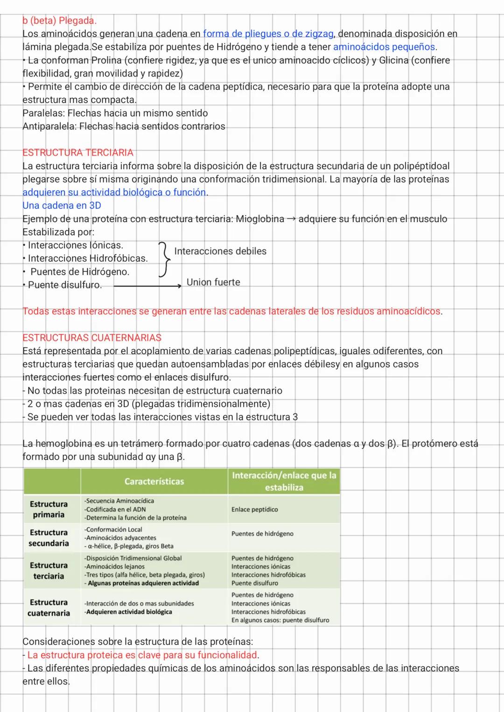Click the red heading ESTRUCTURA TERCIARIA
(x=78, y=153)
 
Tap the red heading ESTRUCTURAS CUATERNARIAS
(x=92, y=338)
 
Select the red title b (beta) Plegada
(x=59, y=21)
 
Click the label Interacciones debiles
(x=220, y=251)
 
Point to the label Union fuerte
(x=213, y=282)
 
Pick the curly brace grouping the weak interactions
(x=163, y=259)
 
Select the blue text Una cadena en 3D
(x=62, y=206)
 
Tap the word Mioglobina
(x=260, y=219)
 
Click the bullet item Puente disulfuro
(x=64, y=285)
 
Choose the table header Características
(x=154, y=482)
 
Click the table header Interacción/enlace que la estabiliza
(x=284, y=482)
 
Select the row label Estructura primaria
(x=49, y=509)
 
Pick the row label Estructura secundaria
(x=49, y=537)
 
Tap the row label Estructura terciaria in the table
(x=49, y=571)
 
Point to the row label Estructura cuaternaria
(x=49, y=607)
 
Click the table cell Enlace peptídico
(x=254, y=510)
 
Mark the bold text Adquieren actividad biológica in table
(x=129, y=612)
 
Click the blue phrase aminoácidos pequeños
(x=384, y=47)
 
